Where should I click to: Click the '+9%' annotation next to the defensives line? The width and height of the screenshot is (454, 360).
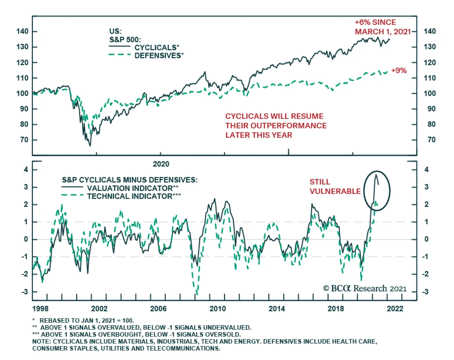pyautogui.click(x=399, y=70)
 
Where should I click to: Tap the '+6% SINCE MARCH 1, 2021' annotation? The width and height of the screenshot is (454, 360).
pyautogui.click(x=382, y=27)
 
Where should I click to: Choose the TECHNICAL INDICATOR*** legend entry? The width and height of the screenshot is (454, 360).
pyautogui.click(x=134, y=196)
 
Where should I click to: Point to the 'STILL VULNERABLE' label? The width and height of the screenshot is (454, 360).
pyautogui.click(x=335, y=187)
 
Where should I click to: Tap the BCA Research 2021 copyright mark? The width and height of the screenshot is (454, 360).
pyautogui.click(x=365, y=289)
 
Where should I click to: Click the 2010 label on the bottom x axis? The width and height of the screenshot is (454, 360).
pyautogui.click(x=218, y=309)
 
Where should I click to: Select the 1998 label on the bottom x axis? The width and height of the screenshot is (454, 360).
pyautogui.click(x=40, y=309)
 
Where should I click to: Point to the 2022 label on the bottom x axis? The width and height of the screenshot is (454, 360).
pyautogui.click(x=395, y=309)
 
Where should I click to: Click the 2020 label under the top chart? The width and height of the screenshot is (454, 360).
pyautogui.click(x=161, y=164)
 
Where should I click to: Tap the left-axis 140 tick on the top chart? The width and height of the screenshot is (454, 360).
pyautogui.click(x=22, y=31)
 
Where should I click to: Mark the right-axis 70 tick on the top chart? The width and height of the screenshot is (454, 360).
pyautogui.click(x=431, y=140)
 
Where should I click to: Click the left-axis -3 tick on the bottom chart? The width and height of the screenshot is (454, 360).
pyautogui.click(x=25, y=292)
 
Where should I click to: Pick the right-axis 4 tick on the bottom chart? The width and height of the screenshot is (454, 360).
pyautogui.click(x=426, y=170)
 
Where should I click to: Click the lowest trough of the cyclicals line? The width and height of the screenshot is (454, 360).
pyautogui.click(x=90, y=146)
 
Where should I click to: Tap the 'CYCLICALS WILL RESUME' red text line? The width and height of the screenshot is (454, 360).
pyautogui.click(x=274, y=116)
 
